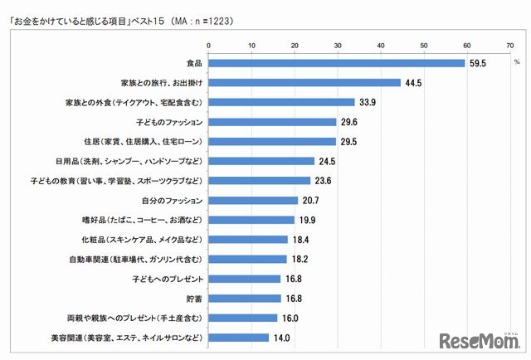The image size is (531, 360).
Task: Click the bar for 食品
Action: coord(335,62)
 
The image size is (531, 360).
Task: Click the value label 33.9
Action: coord(366,102)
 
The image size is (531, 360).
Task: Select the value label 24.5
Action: coord(326,161)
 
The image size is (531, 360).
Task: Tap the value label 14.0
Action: coord(280,338)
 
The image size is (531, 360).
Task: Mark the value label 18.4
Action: coord(300,239)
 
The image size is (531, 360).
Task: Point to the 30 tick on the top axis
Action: coord(336,44)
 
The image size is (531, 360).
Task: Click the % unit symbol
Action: coord(515,62)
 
